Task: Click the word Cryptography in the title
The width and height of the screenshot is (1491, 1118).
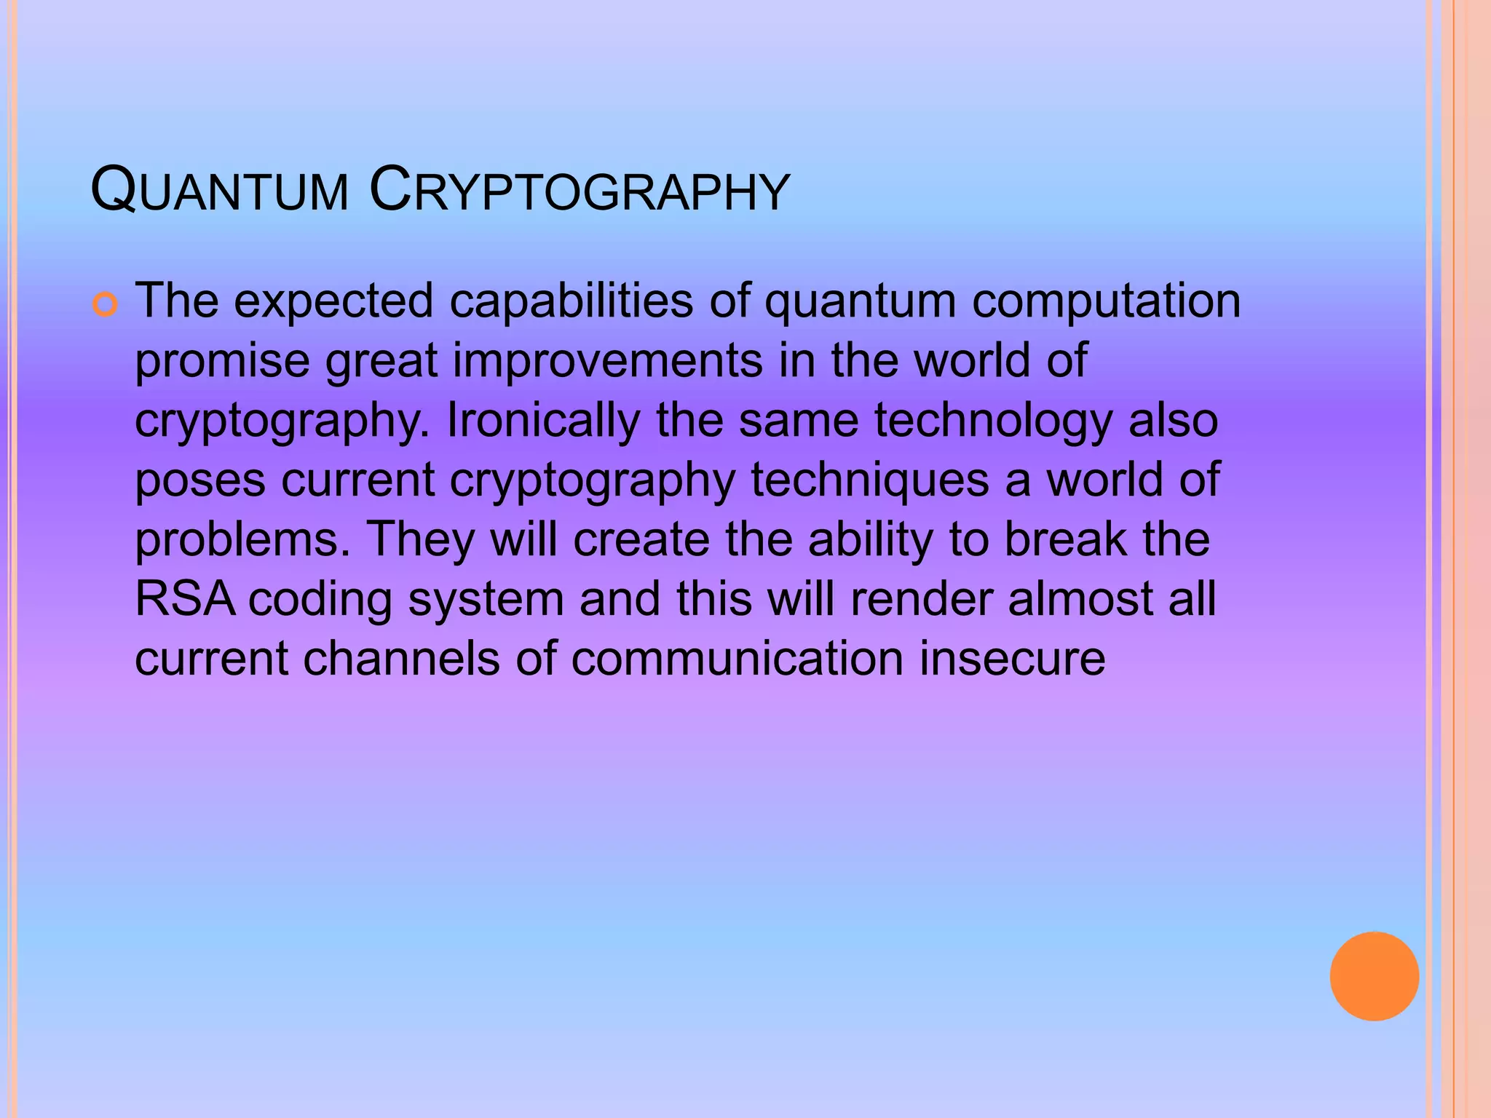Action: click(x=580, y=191)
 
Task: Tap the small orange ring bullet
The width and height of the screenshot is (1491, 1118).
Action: click(x=105, y=305)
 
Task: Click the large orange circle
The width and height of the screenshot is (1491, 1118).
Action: click(x=1374, y=976)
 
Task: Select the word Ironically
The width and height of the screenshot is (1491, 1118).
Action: click(x=542, y=420)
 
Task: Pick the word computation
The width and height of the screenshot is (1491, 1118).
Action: click(x=1107, y=301)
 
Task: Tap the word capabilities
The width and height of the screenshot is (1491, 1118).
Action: click(x=572, y=301)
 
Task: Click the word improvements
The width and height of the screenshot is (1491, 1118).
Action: click(x=608, y=360)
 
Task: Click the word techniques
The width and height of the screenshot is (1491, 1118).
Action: click(x=870, y=481)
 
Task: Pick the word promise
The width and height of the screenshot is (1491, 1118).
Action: click(x=222, y=360)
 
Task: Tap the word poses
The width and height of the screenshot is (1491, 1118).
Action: click(x=200, y=481)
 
